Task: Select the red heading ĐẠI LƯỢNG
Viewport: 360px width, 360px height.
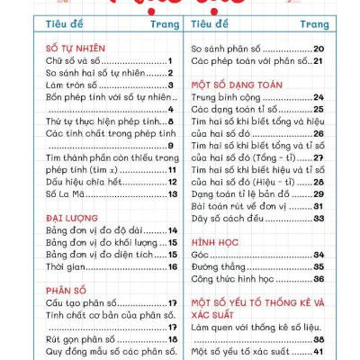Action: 72,217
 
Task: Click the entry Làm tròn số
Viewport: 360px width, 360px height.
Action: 76,84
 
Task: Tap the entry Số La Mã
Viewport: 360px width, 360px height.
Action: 67,193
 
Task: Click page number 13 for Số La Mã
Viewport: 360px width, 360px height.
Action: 172,193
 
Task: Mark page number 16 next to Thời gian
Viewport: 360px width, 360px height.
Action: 172,266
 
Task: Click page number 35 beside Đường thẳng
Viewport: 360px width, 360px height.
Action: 319,266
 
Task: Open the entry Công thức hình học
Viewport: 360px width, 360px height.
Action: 238,279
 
